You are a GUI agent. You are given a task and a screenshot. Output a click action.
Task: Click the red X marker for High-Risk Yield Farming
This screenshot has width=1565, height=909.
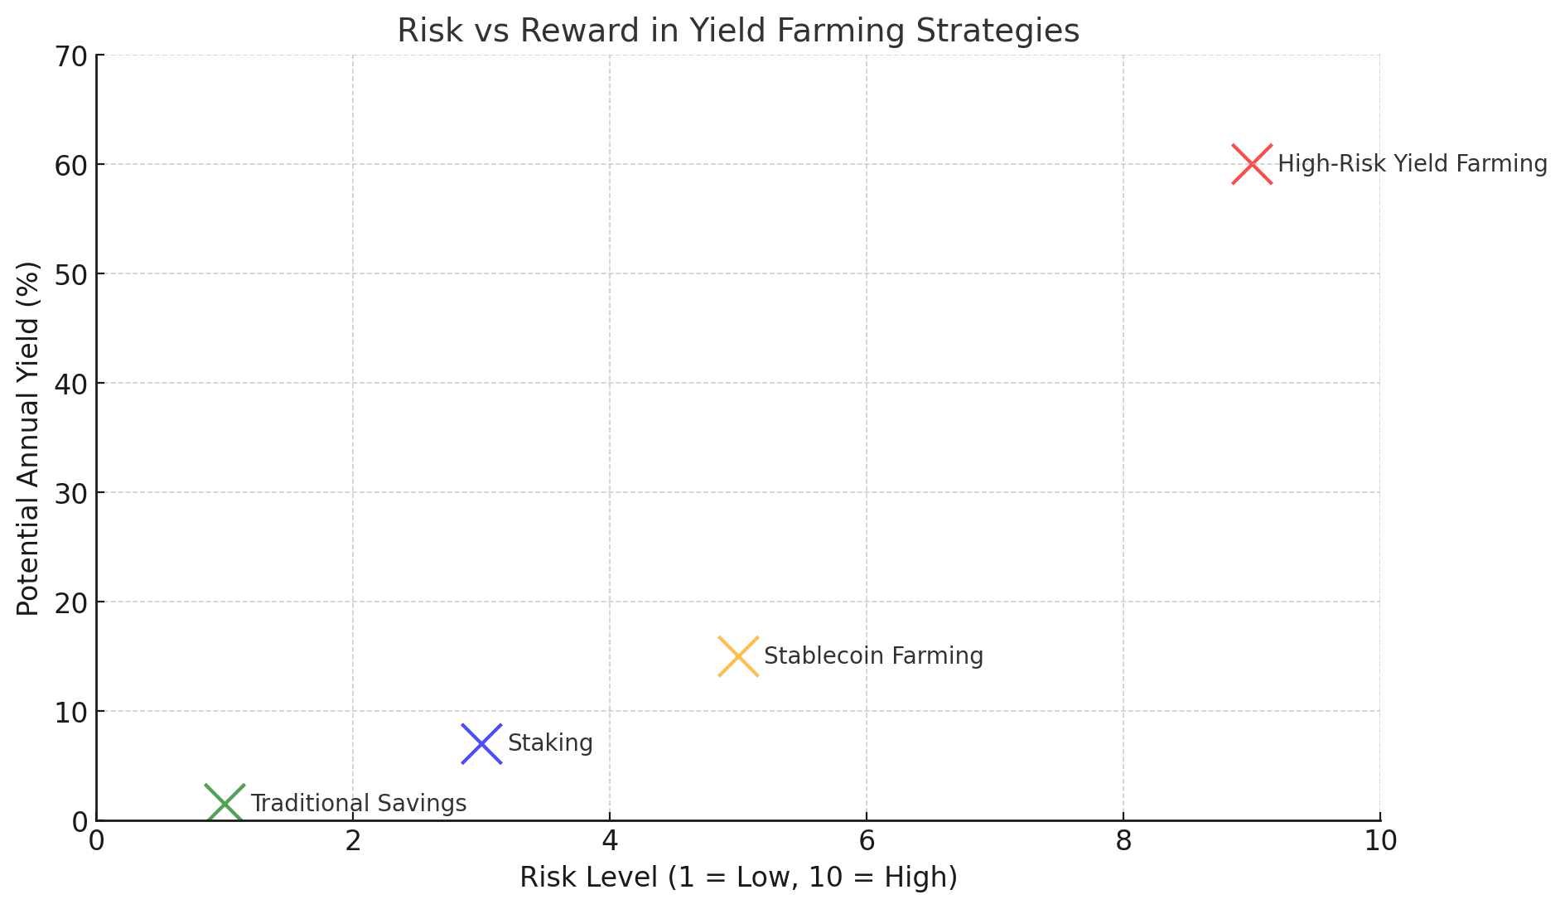(x=1252, y=164)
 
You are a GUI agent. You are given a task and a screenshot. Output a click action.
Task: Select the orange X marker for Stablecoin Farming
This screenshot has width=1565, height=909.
(x=738, y=656)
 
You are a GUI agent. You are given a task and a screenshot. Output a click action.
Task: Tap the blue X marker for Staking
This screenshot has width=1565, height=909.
(x=481, y=743)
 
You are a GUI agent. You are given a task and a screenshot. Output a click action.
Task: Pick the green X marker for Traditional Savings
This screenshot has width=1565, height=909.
(x=225, y=804)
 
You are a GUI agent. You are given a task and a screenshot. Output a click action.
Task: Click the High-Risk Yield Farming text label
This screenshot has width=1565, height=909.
(x=1412, y=164)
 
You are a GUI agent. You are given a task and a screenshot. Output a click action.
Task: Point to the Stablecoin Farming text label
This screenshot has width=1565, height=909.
(x=873, y=656)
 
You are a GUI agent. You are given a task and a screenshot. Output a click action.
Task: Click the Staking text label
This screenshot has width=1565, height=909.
(x=550, y=743)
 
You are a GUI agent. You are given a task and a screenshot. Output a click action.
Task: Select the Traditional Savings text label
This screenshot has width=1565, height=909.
(x=358, y=804)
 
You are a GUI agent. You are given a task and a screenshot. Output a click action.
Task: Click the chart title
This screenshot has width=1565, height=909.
(x=738, y=31)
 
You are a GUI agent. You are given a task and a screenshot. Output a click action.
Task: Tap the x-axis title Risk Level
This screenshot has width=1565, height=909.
(x=738, y=878)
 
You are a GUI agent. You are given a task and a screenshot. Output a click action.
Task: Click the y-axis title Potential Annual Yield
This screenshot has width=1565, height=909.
(x=28, y=438)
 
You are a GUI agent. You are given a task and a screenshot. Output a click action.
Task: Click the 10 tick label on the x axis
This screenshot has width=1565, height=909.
(x=1380, y=842)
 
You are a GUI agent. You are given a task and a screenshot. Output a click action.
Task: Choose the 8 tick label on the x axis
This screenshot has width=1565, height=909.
(x=1123, y=842)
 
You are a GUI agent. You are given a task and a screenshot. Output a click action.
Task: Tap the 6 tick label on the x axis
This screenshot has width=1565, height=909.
(x=867, y=842)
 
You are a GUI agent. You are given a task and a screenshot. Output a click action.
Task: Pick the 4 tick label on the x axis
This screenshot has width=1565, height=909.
(x=610, y=842)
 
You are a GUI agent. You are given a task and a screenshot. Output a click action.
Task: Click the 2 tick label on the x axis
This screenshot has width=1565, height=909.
(x=353, y=842)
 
